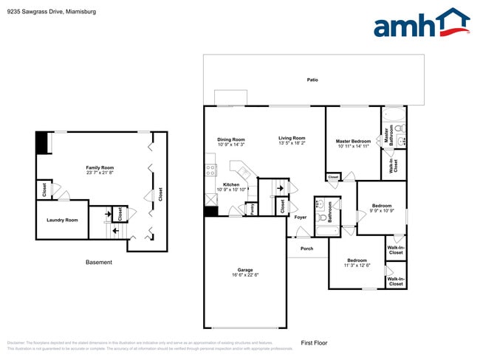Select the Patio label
click(x=313, y=79)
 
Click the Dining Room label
click(x=230, y=139)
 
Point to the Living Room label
click(x=292, y=138)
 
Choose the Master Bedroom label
click(x=353, y=141)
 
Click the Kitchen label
click(x=231, y=184)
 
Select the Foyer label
click(x=301, y=217)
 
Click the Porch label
click(x=306, y=249)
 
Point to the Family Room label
click(x=100, y=167)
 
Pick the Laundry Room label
click(x=62, y=220)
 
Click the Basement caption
click(x=99, y=262)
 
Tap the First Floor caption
click(x=314, y=342)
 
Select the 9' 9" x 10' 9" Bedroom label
click(x=382, y=206)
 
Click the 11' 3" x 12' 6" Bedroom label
click(x=357, y=260)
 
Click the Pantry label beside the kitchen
click(x=253, y=208)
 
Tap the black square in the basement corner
click(x=43, y=142)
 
